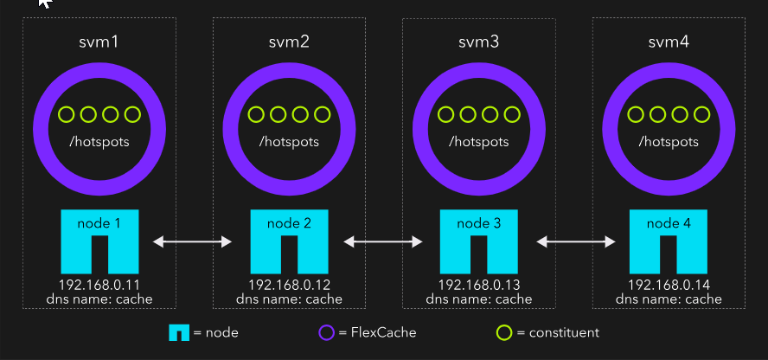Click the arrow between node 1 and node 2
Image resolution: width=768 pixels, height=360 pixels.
pos(195,241)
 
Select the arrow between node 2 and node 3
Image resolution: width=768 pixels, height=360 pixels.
pos(384,241)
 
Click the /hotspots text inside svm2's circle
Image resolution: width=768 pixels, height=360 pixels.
pos(289,140)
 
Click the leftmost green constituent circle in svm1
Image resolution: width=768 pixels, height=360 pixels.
pos(66,114)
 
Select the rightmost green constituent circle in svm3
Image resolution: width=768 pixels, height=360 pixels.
pos(512,114)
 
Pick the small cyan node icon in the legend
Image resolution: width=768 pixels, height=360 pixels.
pos(179,332)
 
